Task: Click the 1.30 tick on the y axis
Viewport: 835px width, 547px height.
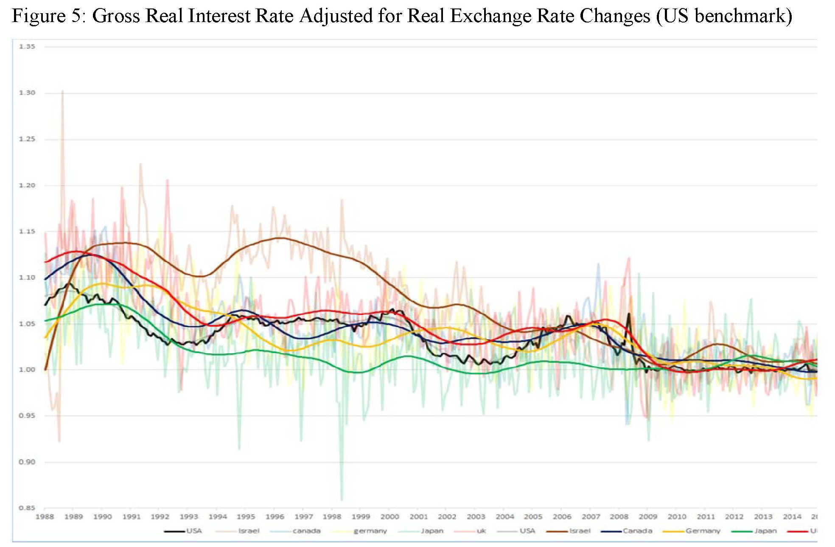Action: [26, 93]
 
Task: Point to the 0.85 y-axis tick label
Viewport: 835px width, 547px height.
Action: [26, 508]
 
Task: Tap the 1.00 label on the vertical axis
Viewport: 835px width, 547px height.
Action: [26, 370]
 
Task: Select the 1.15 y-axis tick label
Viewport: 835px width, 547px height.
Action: [26, 232]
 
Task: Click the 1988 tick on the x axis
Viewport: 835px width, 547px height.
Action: [45, 517]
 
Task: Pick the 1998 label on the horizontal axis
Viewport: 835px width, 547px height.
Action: [332, 517]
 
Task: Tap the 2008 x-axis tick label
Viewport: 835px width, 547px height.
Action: [619, 517]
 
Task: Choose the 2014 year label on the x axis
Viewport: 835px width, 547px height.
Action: [792, 517]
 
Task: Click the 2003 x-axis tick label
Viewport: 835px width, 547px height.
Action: [476, 517]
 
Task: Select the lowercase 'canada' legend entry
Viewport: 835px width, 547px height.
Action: [306, 531]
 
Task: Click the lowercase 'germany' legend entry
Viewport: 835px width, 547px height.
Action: [370, 531]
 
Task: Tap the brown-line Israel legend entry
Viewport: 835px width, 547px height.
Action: [580, 531]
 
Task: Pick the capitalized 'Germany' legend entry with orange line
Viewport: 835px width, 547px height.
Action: [703, 531]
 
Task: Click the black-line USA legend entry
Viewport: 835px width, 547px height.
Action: [194, 531]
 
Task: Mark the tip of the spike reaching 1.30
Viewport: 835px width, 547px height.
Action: [62, 90]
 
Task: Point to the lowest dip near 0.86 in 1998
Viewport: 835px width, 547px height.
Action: [342, 500]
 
